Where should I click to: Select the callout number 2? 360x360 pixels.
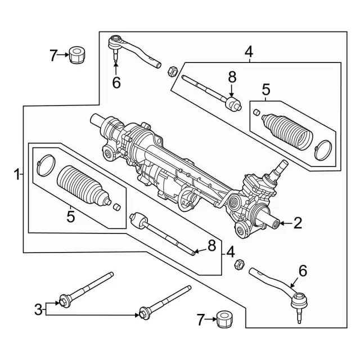298,223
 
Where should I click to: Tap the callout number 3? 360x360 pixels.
38,308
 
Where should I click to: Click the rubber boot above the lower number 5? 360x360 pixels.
82,184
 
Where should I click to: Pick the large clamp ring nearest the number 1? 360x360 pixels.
44,164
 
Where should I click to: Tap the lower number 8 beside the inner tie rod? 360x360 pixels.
211,245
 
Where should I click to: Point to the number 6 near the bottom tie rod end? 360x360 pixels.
303,271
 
